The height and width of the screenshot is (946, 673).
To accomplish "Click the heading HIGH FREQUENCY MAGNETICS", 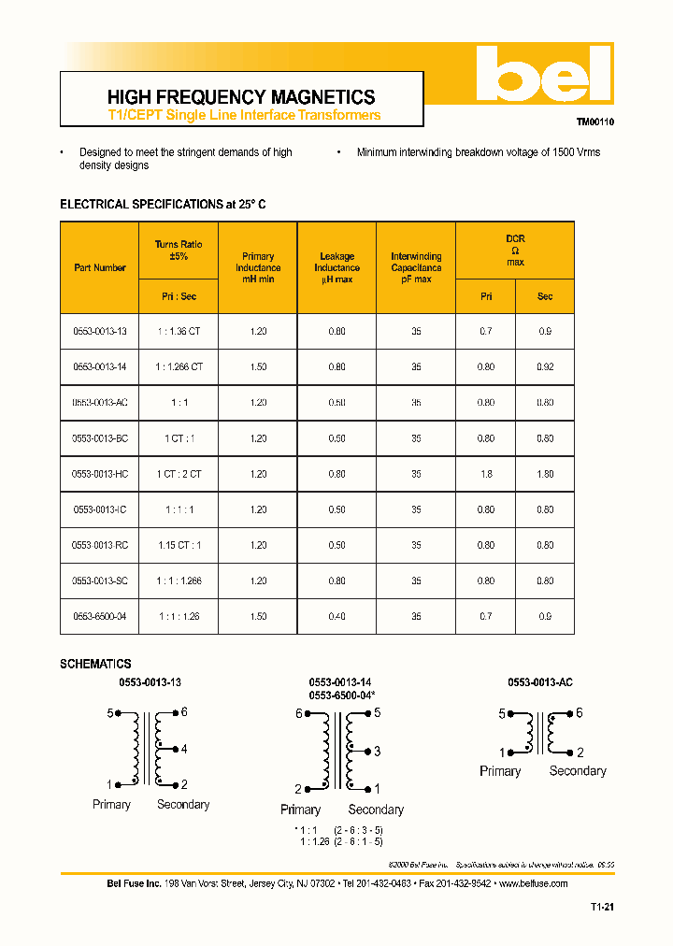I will (x=241, y=97).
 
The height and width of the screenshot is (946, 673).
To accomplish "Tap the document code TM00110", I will (x=594, y=122).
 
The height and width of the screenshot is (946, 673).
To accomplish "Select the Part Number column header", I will (x=100, y=267).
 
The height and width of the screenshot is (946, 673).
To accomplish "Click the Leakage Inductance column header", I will (x=336, y=267).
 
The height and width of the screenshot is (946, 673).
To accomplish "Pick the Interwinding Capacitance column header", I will (x=416, y=267).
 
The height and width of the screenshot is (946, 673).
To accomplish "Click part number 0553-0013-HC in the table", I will (x=100, y=474).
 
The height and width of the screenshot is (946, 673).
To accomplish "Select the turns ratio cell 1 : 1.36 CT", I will (x=179, y=331).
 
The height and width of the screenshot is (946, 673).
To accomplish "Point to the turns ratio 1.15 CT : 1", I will (x=179, y=545).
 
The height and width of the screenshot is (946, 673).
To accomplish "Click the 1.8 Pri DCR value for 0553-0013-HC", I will (x=486, y=474).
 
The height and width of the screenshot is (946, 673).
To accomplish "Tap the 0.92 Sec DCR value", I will (x=545, y=366).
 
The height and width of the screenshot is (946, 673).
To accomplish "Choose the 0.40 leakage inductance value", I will (x=336, y=616).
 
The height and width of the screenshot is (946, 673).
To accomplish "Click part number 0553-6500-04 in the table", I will (x=100, y=616).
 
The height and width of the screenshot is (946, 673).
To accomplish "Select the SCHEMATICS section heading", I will (x=95, y=664).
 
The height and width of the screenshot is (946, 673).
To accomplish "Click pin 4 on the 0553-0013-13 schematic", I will (x=184, y=749).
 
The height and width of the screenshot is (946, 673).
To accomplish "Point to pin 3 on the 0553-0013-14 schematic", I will (x=377, y=752).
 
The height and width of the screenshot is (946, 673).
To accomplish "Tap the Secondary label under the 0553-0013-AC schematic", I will (x=578, y=771).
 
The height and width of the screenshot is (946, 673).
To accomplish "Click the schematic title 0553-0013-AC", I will (x=540, y=682).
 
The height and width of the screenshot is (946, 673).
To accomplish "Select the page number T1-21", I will (x=602, y=907).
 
